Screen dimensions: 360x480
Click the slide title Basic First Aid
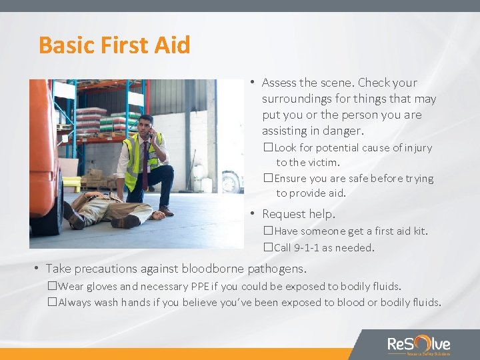[114, 45]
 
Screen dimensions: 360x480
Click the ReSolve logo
[419, 345]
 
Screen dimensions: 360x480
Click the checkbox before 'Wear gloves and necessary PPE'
[53, 287]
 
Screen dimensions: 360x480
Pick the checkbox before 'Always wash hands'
[53, 303]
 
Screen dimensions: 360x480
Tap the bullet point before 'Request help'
[253, 214]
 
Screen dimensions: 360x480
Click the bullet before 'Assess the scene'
[253, 83]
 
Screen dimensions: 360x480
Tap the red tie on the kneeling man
[145, 163]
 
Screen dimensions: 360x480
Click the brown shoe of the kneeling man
[166, 211]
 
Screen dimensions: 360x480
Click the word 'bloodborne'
[215, 269]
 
